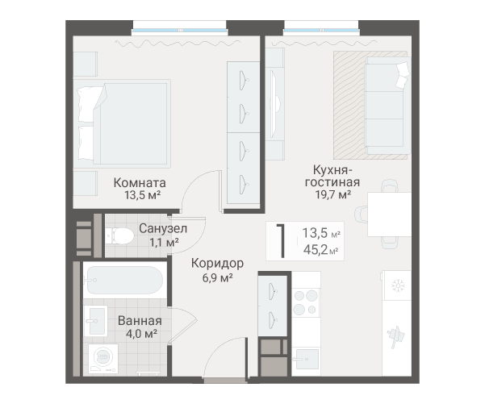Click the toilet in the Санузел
point(119,236)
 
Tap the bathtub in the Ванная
point(124,281)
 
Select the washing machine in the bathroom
point(103,359)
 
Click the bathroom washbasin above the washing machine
point(96,321)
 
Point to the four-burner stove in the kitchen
point(306,302)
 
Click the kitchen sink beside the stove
point(306,359)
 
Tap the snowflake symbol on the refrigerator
point(398,286)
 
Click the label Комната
point(140,183)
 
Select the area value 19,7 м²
point(332,194)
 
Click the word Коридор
point(217,263)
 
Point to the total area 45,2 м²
point(320,250)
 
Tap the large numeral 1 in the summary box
point(281,241)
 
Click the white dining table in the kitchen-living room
point(389,214)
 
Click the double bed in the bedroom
point(122,123)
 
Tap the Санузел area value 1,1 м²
point(164,242)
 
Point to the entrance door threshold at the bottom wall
point(225,381)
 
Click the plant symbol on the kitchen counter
point(396,336)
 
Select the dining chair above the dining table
point(390,186)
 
